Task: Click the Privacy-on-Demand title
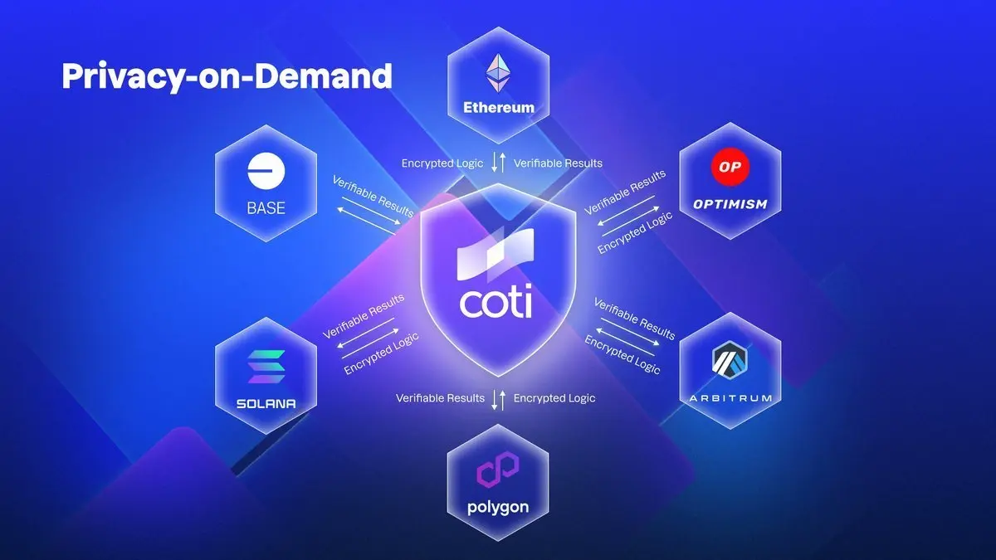point(226,76)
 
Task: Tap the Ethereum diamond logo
point(498,73)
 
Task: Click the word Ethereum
point(498,107)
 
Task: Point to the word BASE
point(266,207)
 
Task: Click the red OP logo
point(730,168)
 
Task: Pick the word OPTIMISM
point(730,204)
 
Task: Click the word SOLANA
point(266,405)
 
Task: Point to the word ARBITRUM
point(730,398)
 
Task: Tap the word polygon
point(498,507)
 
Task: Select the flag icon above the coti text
point(497,261)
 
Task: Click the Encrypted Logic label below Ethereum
point(442,163)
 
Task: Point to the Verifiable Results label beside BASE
point(373,196)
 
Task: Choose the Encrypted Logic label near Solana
point(381,353)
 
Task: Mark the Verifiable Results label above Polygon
point(440,398)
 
